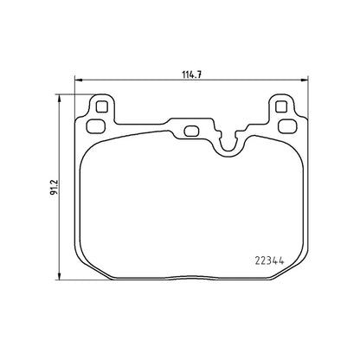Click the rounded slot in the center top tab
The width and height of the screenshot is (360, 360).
click(x=190, y=132)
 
